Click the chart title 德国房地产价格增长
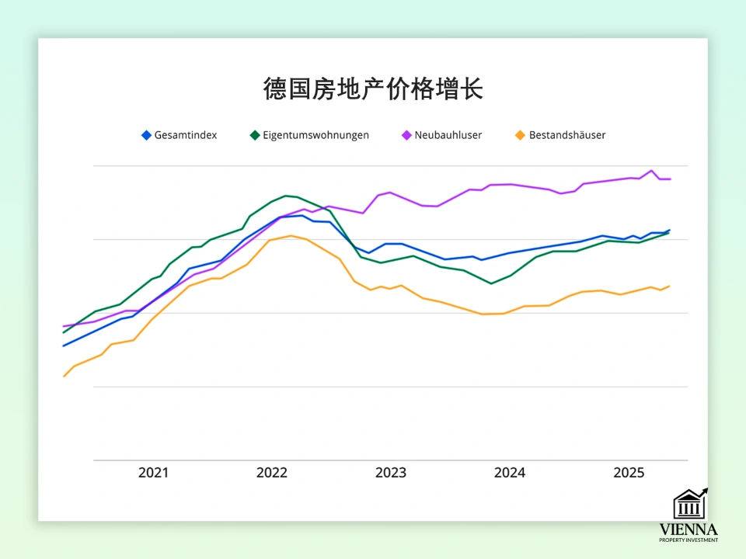coord(373,89)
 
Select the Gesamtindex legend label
coord(186,135)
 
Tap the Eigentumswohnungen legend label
coord(315,135)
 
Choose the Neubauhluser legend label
coord(448,135)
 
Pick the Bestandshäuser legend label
coord(567,135)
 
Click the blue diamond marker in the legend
coord(146,135)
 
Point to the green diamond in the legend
coord(254,135)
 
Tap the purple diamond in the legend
coord(406,135)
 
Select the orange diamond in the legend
coord(520,135)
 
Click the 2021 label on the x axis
coord(153,473)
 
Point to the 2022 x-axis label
coord(272,473)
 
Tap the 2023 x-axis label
coord(391,473)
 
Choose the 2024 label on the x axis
coord(510,473)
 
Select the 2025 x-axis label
coord(629,473)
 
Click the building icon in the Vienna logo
coord(689,504)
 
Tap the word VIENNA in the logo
coord(688,529)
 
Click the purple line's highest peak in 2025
coord(652,171)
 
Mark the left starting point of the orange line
coord(64,377)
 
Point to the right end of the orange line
coord(669,286)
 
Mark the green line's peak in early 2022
coord(286,196)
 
